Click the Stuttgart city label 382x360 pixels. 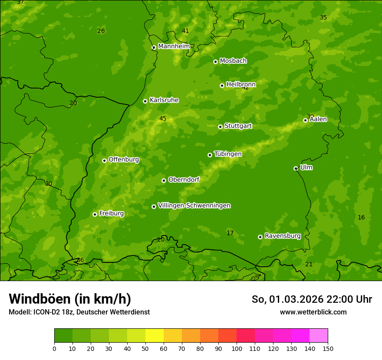coord(238,126)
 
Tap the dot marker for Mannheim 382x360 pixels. coord(154,48)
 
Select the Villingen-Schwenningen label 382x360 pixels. coord(194,206)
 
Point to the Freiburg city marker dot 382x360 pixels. coord(95,214)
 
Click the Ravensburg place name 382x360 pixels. coord(283,236)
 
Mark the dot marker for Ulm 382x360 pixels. coord(296,168)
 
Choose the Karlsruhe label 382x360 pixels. coord(164,100)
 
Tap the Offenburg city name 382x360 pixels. coord(124,160)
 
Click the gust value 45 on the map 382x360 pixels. coord(163,119)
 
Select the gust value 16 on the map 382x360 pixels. coord(361,217)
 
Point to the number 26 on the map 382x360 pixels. coord(101,31)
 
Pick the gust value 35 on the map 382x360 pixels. coord(323,18)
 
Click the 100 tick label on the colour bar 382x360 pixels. coord(237,348)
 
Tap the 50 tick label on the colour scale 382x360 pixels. coord(145,348)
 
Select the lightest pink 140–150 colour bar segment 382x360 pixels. coord(319,336)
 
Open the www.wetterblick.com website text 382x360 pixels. coord(313,312)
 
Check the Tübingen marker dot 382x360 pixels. coord(210,155)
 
